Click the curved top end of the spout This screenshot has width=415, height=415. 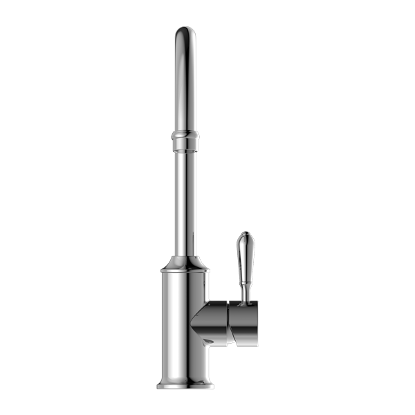coord(185,33)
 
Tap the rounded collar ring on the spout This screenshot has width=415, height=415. coord(185,133)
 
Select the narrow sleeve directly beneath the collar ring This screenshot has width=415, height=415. coord(185,145)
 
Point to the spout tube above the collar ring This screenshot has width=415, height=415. coord(185,83)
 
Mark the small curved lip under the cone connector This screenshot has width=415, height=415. coord(210,346)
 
